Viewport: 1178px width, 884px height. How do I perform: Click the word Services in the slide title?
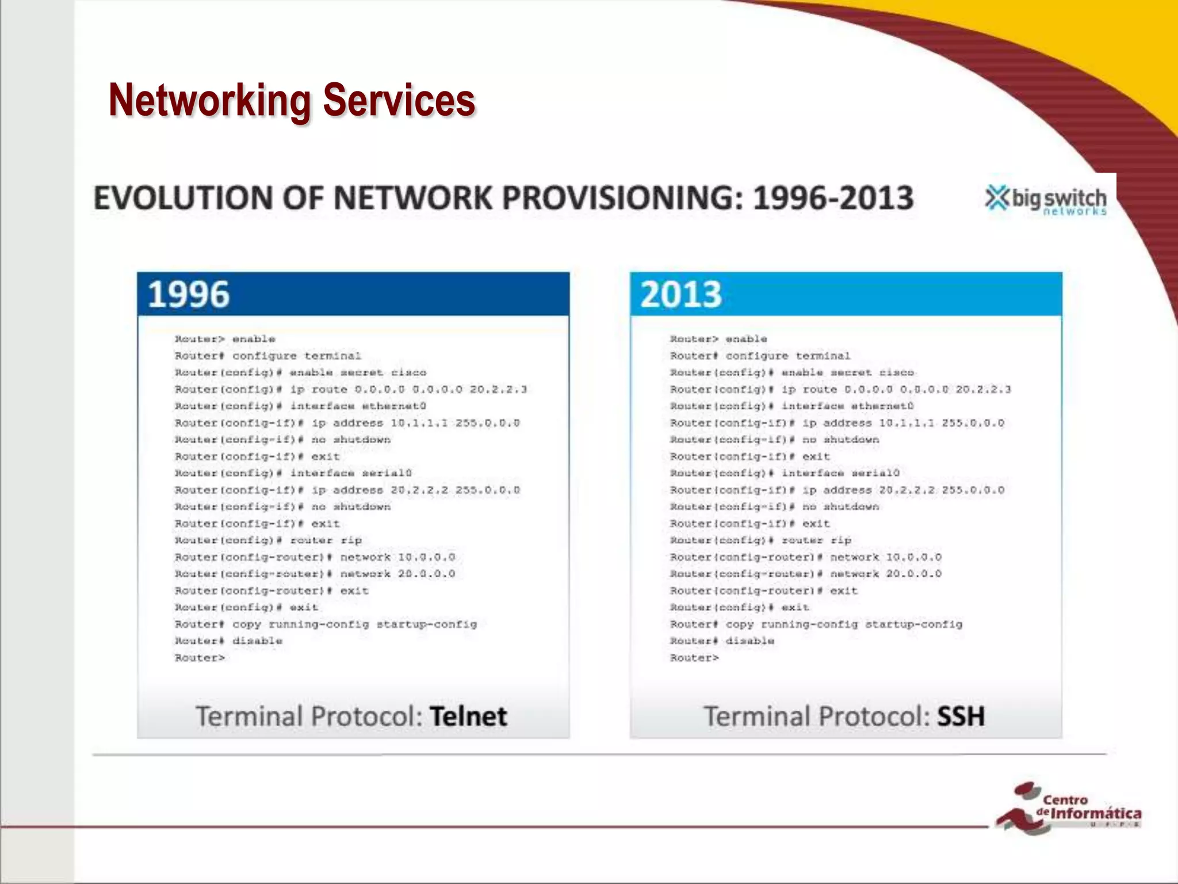(399, 100)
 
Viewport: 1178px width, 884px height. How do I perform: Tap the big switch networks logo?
(1046, 200)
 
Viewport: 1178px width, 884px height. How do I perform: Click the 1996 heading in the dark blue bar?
(189, 294)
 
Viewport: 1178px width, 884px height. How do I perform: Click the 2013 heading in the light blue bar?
(681, 294)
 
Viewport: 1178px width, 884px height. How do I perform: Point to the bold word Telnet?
(468, 717)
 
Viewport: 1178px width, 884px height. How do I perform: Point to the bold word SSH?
(961, 717)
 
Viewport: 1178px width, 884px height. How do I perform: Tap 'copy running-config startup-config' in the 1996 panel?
(354, 624)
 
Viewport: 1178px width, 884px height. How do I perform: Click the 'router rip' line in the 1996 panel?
(326, 540)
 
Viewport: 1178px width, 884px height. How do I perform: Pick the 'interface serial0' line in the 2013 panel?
(840, 473)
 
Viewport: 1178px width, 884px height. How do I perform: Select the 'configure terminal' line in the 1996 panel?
(296, 356)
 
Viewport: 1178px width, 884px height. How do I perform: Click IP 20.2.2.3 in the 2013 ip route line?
(983, 390)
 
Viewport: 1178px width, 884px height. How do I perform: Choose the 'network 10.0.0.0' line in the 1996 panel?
(397, 557)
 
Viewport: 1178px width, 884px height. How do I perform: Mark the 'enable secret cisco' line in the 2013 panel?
(848, 373)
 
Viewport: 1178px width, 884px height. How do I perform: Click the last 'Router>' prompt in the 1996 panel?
(200, 658)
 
